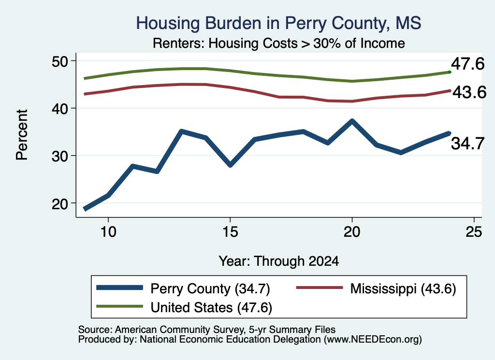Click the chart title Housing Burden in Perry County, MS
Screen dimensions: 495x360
coord(278,23)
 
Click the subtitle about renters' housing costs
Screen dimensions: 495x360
coord(279,43)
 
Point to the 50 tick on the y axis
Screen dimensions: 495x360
coord(60,61)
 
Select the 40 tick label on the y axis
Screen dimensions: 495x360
coord(60,109)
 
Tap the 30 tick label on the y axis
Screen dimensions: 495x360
coord(60,156)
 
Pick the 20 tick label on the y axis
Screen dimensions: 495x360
coord(60,203)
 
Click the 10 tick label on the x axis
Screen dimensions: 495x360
coord(108,232)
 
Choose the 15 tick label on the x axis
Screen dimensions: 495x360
coord(230,232)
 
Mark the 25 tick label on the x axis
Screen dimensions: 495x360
coord(474,232)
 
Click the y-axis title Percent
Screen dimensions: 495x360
coord(22,135)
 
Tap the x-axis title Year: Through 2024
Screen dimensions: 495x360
coord(279,261)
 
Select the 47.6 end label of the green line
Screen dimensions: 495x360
coord(467,64)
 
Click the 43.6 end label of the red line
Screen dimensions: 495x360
coord(469,92)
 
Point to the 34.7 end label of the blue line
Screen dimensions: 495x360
coord(467,144)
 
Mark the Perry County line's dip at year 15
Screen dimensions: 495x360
coord(231,165)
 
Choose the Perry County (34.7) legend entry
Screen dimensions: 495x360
coord(183,288)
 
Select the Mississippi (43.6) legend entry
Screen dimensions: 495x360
coord(376,288)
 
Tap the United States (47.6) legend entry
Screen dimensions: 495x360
coord(184,307)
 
